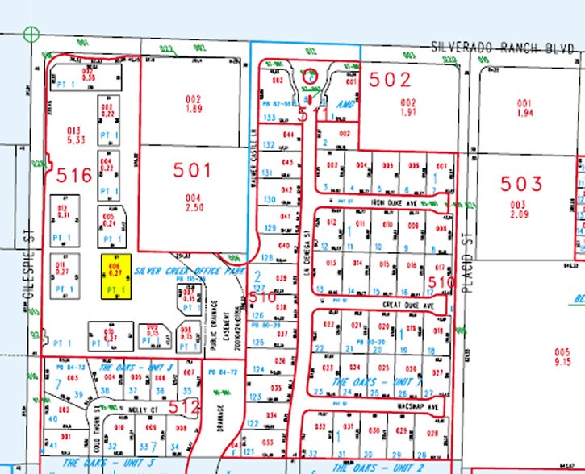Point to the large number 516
click(x=73, y=173)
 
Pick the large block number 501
click(x=193, y=170)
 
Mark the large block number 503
click(x=522, y=184)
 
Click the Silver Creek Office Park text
click(x=190, y=272)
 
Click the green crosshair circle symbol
click(x=31, y=34)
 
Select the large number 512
click(x=185, y=407)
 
